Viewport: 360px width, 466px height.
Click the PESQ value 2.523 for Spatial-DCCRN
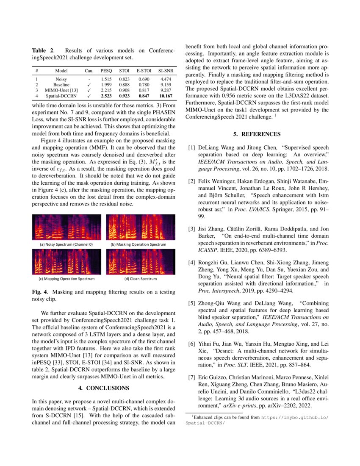pos(106,108)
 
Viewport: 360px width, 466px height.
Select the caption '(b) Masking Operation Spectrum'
pos(138,244)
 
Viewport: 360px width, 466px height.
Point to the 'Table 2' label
pos(42,51)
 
